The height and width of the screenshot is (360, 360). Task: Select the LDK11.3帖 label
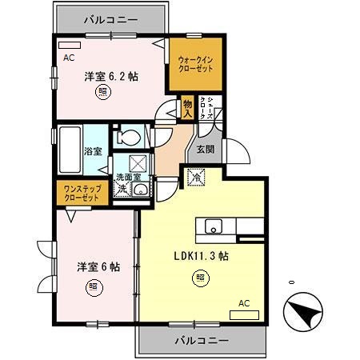pyautogui.click(x=202, y=257)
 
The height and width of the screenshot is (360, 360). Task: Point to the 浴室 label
pyautogui.click(x=93, y=151)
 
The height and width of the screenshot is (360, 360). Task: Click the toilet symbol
pyautogui.click(x=126, y=138)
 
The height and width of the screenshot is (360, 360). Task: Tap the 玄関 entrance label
pyautogui.click(x=205, y=149)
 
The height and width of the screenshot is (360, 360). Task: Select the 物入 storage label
pyautogui.click(x=187, y=107)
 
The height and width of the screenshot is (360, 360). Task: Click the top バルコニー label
pyautogui.click(x=111, y=18)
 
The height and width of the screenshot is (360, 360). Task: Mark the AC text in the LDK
pyautogui.click(x=244, y=303)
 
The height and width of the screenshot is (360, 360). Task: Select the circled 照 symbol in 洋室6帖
pyautogui.click(x=94, y=286)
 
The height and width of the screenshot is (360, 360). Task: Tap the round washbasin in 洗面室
pyautogui.click(x=141, y=190)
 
